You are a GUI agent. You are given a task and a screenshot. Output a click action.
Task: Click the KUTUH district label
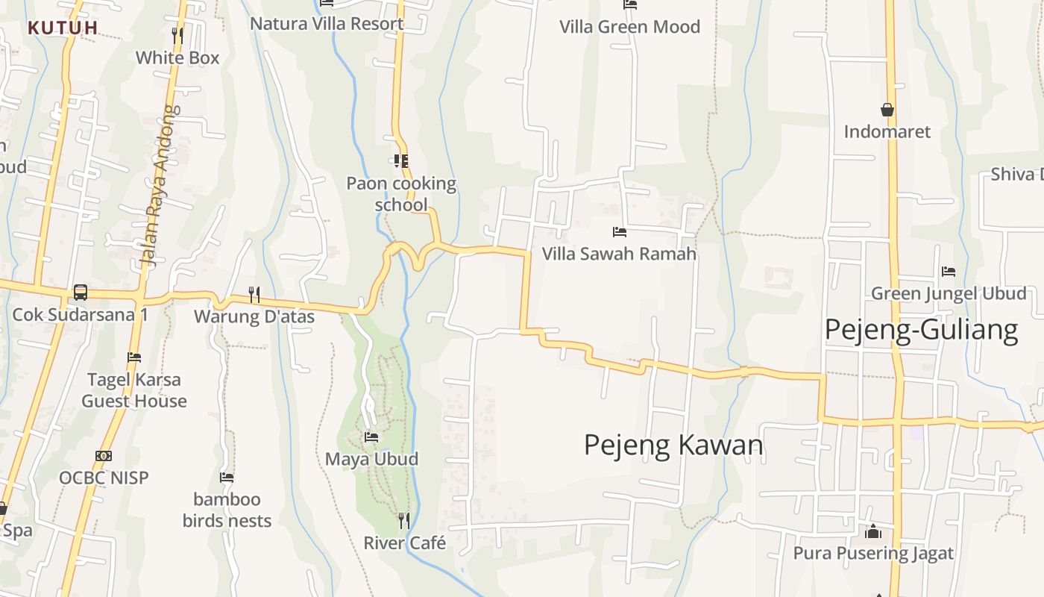pyautogui.click(x=63, y=28)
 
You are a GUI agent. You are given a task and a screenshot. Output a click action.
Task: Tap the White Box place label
pyautogui.click(x=177, y=57)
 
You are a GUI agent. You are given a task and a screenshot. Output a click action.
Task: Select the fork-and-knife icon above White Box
pyautogui.click(x=177, y=34)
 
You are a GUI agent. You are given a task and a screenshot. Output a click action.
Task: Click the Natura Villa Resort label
pyautogui.click(x=327, y=23)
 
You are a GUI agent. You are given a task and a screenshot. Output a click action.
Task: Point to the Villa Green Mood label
pyautogui.click(x=630, y=27)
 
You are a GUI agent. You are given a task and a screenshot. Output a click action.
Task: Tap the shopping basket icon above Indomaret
pyautogui.click(x=887, y=110)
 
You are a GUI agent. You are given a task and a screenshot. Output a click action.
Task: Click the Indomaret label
pyautogui.click(x=887, y=132)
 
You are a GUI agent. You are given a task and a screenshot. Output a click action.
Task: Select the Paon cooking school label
pyautogui.click(x=401, y=194)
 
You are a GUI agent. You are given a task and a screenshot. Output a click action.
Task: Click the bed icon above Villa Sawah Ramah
pyautogui.click(x=619, y=232)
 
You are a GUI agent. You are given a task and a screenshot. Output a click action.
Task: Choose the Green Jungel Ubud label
pyautogui.click(x=949, y=293)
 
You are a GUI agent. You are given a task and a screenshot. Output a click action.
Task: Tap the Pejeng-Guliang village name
pyautogui.click(x=921, y=330)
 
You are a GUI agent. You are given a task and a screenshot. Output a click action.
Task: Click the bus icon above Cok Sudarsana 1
pyautogui.click(x=81, y=293)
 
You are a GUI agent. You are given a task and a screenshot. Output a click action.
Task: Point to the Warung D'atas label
pyautogui.click(x=254, y=316)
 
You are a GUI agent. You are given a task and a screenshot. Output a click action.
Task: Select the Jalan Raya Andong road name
pyautogui.click(x=159, y=186)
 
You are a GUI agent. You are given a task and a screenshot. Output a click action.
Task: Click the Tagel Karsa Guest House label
pyautogui.click(x=134, y=390)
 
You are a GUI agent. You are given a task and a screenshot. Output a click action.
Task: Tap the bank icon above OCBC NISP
pyautogui.click(x=104, y=456)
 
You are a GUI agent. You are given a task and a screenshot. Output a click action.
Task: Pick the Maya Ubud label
pyautogui.click(x=371, y=459)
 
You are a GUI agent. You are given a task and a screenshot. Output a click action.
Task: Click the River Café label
pyautogui.click(x=405, y=543)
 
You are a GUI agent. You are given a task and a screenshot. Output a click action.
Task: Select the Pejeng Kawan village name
pyautogui.click(x=673, y=445)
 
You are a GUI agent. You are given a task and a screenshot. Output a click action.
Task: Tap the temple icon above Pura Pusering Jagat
pyautogui.click(x=873, y=532)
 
